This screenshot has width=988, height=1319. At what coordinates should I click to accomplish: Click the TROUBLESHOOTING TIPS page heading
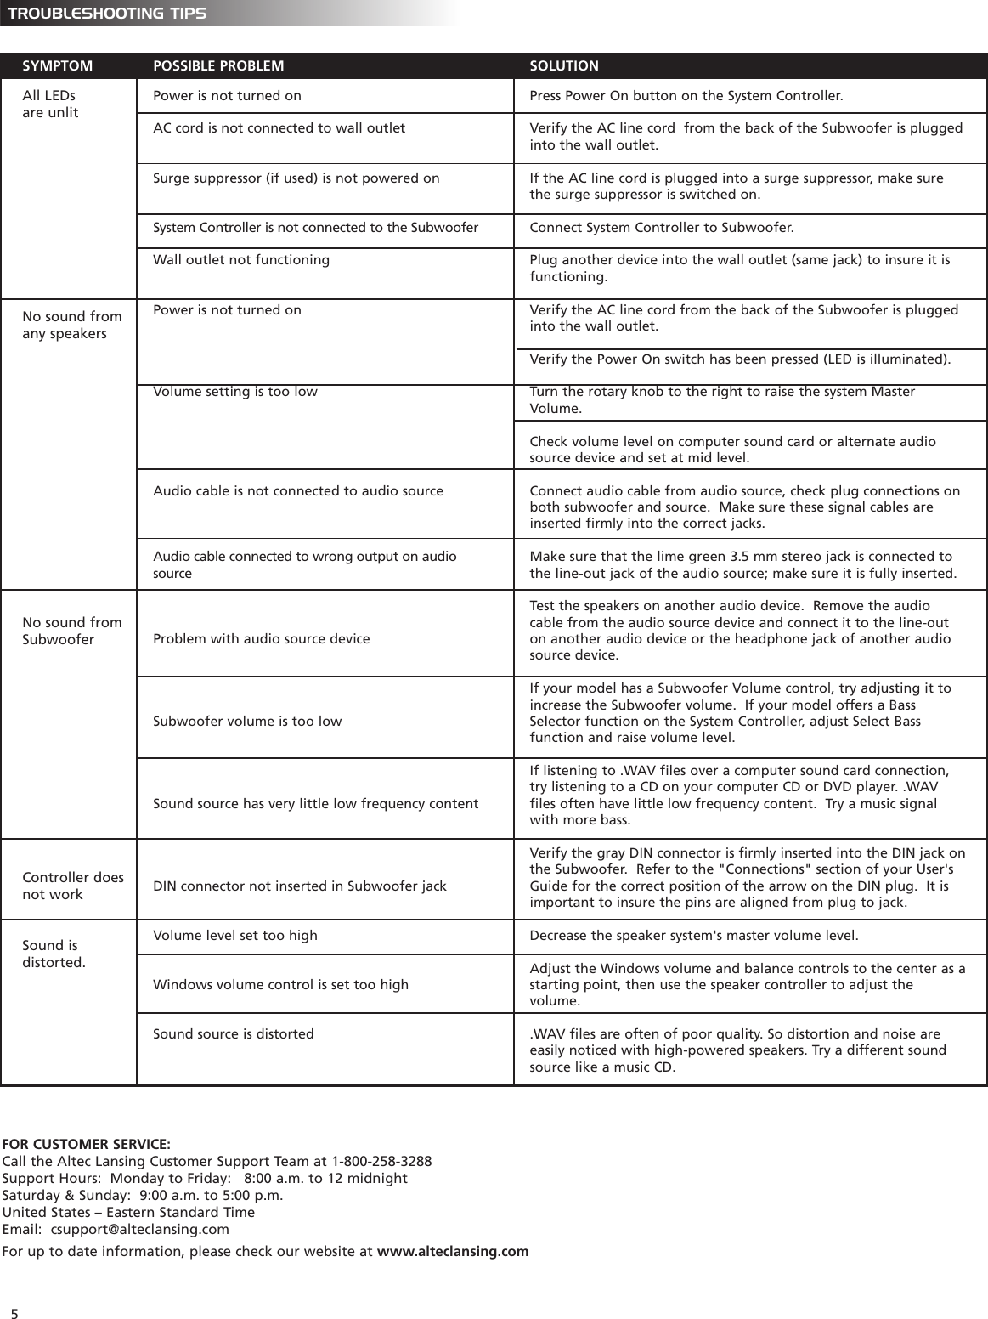coord(106,14)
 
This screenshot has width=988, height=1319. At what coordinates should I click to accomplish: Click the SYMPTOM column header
coord(57,65)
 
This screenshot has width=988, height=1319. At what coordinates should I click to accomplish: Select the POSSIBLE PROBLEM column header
coord(218,65)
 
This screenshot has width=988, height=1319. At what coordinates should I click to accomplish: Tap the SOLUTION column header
coord(564,65)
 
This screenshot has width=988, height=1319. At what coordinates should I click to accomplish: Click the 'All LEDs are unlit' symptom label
coord(50,104)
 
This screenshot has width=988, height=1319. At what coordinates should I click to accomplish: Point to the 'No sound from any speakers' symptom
coord(71,325)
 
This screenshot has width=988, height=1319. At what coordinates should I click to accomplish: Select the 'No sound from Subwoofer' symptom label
coord(71,631)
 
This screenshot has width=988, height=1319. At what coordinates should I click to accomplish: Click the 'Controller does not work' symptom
coord(72,886)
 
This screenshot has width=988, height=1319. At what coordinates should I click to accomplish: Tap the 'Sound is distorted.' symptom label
coord(54,954)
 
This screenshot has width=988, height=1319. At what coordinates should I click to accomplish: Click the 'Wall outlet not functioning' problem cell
coord(241,259)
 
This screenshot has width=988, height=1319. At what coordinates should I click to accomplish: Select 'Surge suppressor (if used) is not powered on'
coord(296,178)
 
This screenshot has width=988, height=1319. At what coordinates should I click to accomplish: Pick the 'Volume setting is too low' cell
coord(234,392)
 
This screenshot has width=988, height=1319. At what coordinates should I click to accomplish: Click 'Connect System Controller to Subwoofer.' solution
coord(662,227)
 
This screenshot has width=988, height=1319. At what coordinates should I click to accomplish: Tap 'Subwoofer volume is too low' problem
coord(247,721)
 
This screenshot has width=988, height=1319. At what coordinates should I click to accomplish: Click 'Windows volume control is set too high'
coord(280,984)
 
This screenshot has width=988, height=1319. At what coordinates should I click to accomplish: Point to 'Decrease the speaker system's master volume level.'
coord(693,936)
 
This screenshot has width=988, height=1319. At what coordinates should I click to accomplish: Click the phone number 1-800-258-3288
coord(381,1161)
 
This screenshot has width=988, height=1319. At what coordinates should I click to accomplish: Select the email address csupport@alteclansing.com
coord(139,1229)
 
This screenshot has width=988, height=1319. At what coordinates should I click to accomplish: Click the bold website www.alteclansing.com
coord(452,1251)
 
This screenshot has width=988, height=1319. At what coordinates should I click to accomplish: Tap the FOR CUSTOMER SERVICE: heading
coord(86,1144)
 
